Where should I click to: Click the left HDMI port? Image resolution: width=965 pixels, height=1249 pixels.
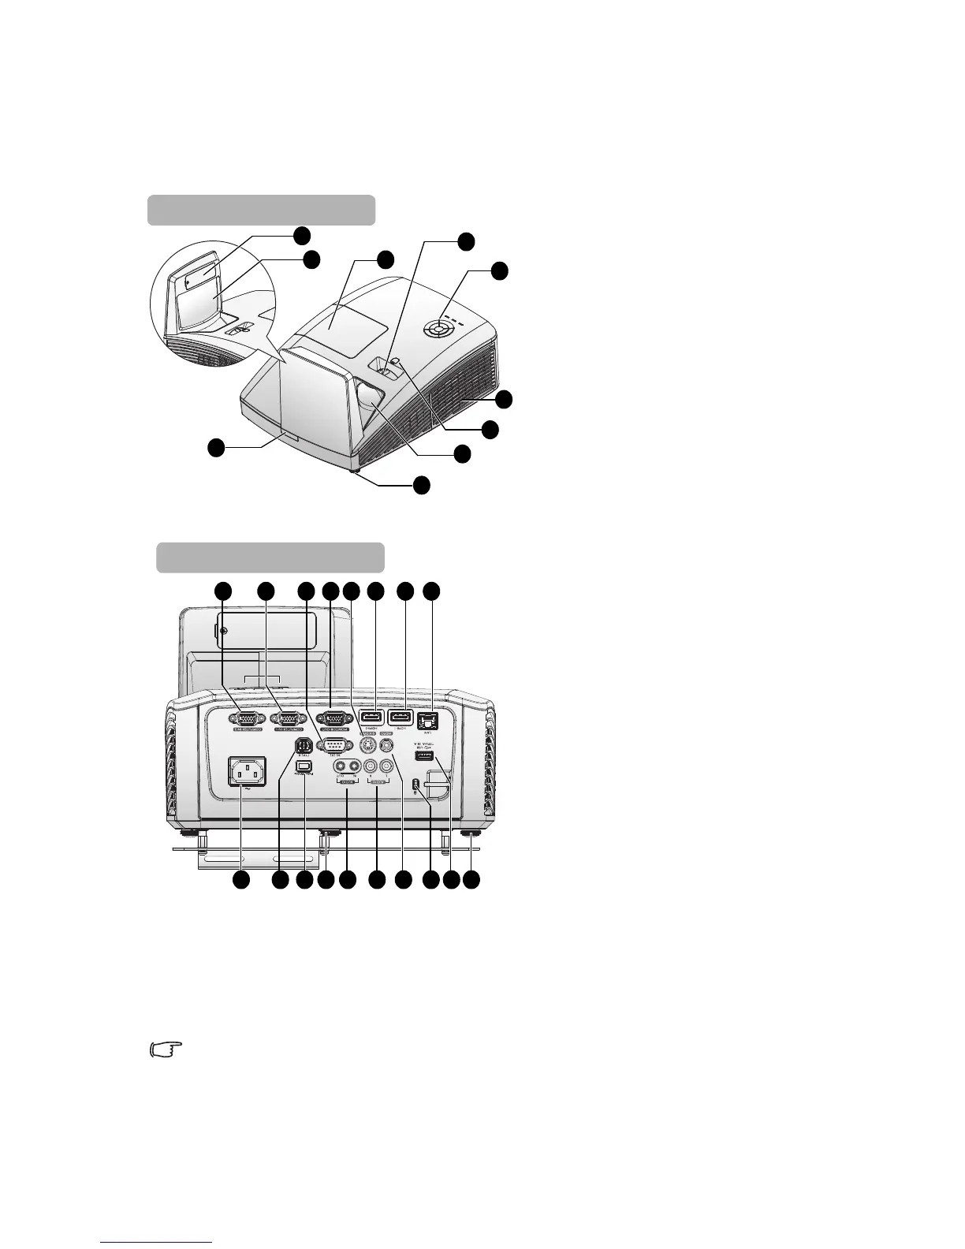click(x=371, y=718)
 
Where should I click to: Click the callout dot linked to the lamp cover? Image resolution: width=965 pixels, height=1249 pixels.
click(x=385, y=259)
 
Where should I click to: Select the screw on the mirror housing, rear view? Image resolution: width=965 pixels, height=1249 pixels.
click(x=224, y=631)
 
